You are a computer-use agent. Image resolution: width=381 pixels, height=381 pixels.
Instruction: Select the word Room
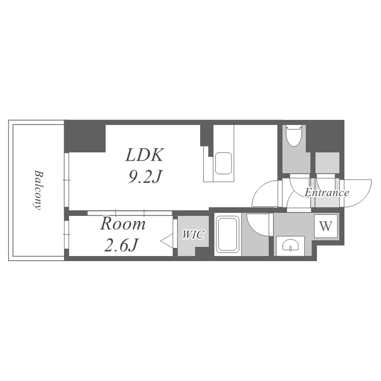(122, 224)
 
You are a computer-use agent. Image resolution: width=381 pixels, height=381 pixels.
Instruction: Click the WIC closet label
(193, 235)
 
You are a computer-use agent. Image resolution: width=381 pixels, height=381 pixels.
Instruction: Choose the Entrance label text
(327, 193)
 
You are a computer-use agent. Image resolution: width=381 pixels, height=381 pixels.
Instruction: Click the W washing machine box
(326, 225)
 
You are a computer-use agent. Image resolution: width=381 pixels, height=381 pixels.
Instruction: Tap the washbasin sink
(290, 246)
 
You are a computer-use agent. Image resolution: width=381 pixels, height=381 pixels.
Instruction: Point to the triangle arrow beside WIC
(166, 240)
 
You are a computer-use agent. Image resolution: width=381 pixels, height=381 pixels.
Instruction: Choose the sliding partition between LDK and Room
(130, 212)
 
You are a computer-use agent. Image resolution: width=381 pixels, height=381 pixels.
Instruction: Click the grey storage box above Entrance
(327, 163)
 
